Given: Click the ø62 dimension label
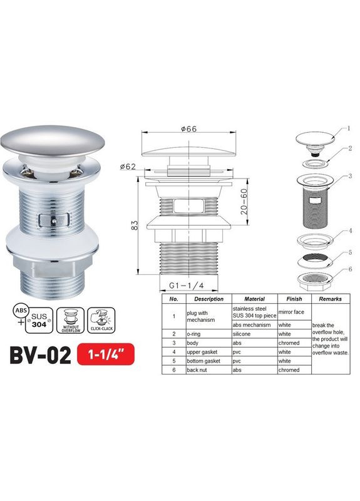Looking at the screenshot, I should click(x=128, y=167).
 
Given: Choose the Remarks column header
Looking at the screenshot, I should click(x=329, y=299).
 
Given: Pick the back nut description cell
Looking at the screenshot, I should click(x=198, y=370).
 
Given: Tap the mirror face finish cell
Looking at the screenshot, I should click(x=290, y=311).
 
